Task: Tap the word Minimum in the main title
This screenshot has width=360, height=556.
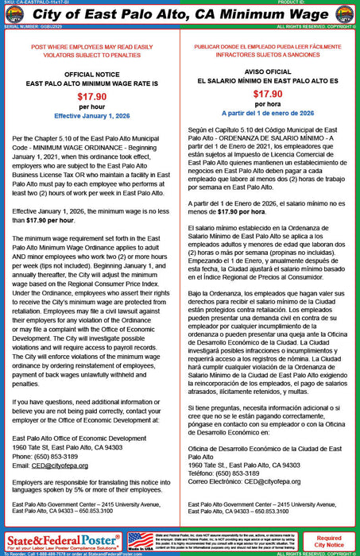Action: [x=235, y=14]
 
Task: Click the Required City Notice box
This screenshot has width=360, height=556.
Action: [x=328, y=542]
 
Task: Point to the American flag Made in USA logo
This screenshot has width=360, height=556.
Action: [x=140, y=540]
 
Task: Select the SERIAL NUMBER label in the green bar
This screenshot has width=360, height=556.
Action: [x=19, y=26]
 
